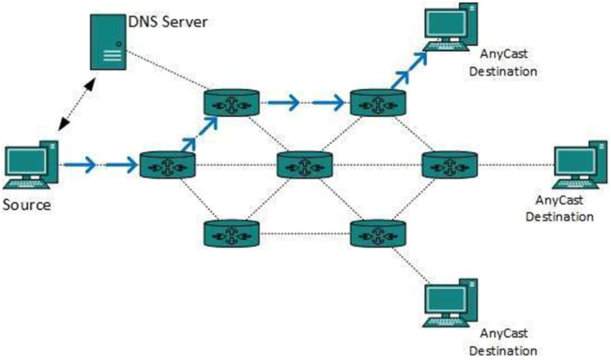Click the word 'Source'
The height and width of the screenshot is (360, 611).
(x=26, y=205)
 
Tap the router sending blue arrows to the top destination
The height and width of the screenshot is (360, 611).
(x=379, y=103)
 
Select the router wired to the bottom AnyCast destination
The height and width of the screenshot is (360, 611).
(x=379, y=233)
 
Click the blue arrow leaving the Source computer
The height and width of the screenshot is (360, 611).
(x=79, y=165)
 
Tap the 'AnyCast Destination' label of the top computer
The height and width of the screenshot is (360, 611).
(x=508, y=62)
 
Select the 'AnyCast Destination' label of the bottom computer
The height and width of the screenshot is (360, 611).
(x=508, y=342)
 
